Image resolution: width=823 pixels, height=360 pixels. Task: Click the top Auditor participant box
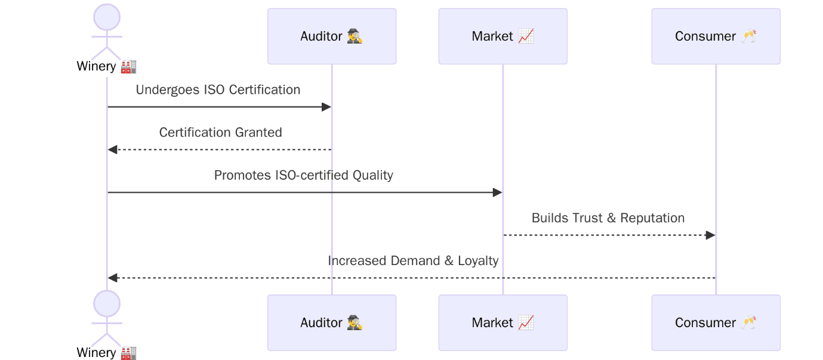point(331,36)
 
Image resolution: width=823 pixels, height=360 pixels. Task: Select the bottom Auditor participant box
point(331,323)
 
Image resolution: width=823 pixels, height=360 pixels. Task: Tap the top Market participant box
point(503,36)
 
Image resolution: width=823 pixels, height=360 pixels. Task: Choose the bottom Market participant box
point(503,323)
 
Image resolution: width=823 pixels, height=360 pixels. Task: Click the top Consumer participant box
point(716,36)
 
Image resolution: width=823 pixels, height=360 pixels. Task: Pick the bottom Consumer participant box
point(716,323)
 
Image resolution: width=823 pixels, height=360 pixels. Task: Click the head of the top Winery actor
point(107,17)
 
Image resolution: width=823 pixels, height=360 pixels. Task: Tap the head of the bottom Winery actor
point(107,304)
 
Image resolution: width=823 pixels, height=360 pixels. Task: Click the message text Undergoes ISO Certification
point(218,90)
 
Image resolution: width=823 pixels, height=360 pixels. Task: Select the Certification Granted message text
point(220,133)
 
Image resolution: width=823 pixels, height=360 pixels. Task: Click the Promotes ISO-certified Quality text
point(303,176)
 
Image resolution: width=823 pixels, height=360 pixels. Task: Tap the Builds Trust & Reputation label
point(608,218)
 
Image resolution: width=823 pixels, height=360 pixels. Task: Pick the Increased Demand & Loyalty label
point(413,261)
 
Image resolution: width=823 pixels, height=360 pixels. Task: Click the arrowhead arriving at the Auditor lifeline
point(326,107)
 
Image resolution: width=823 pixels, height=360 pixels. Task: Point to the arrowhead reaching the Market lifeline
point(497,192)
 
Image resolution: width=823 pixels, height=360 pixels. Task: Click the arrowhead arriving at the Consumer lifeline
point(710,235)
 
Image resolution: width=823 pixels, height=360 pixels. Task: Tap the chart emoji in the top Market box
point(526,36)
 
